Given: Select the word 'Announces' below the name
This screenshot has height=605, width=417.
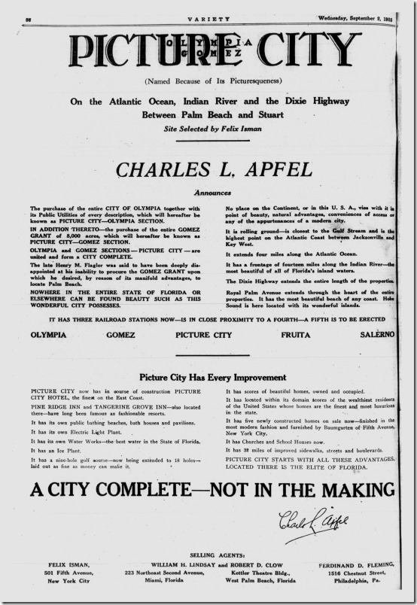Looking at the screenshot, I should (208, 193).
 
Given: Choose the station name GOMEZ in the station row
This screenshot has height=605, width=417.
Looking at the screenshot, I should (121, 334).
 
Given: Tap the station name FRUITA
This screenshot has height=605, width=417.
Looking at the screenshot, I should (296, 334).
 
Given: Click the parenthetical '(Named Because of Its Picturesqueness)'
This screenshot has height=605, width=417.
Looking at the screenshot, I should (208, 81).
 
